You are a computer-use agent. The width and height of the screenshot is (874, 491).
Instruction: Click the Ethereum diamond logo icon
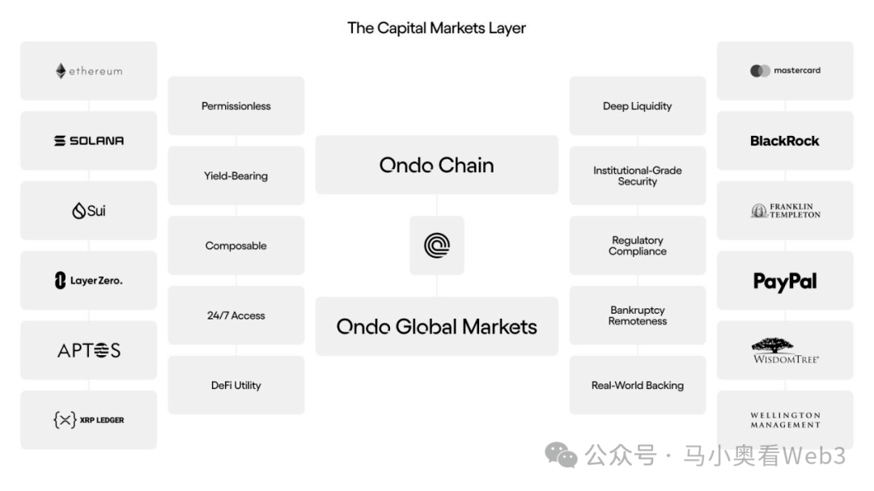click(61, 71)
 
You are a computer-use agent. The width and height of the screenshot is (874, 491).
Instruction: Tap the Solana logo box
click(89, 141)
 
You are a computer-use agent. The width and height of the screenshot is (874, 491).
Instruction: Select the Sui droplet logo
click(78, 210)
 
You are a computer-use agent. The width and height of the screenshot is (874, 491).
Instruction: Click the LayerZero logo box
click(89, 281)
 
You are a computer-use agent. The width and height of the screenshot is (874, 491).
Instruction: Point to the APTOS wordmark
click(89, 350)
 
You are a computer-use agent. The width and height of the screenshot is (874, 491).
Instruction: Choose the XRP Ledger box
click(89, 420)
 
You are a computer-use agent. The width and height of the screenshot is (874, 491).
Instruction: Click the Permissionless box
click(236, 106)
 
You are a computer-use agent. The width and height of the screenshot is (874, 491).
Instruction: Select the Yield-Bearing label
click(235, 176)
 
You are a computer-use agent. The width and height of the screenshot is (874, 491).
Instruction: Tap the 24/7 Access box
click(236, 315)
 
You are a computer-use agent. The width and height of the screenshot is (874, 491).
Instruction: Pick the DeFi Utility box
click(236, 385)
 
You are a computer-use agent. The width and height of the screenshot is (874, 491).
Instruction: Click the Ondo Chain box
click(437, 165)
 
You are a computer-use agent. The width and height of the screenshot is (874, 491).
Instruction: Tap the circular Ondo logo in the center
click(437, 246)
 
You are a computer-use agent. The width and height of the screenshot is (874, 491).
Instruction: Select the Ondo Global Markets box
click(437, 327)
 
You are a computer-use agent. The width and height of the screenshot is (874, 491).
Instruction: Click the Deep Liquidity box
click(638, 106)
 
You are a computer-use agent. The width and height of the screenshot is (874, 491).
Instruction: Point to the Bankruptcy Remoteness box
click(638, 315)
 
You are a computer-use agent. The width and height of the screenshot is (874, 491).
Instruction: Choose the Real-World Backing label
click(638, 385)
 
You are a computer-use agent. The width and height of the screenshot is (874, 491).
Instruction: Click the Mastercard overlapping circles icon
click(760, 71)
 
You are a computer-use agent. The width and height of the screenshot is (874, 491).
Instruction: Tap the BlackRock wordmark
click(785, 141)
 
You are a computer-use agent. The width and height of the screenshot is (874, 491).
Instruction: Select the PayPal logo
click(785, 282)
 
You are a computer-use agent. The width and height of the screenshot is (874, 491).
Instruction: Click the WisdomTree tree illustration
click(773, 345)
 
